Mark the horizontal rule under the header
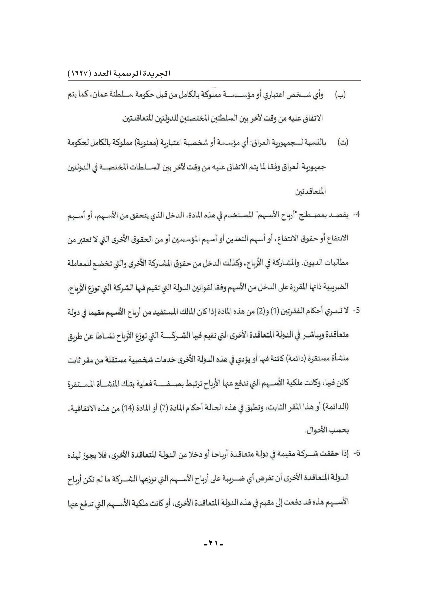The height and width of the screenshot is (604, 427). click(214, 81)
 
